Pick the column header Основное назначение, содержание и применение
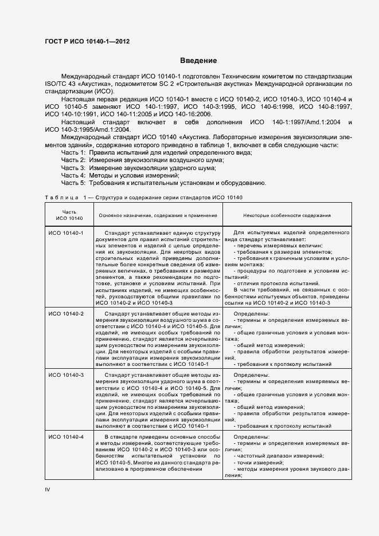point(158,215)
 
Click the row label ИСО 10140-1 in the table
point(66,233)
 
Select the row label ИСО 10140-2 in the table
point(66,314)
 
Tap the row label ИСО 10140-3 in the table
point(66,375)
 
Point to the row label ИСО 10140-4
point(66,437)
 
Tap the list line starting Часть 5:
point(163,183)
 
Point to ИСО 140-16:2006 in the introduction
point(186,115)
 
